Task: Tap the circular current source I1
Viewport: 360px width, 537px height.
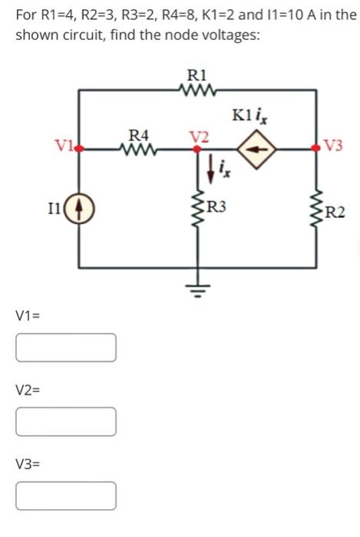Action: pyautogui.click(x=81, y=208)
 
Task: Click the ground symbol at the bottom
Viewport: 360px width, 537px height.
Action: pyautogui.click(x=197, y=291)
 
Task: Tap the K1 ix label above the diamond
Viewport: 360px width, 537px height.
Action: pyautogui.click(x=249, y=117)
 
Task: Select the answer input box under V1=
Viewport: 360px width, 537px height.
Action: pyautogui.click(x=66, y=347)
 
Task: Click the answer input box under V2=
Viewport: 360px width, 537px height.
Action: pyautogui.click(x=66, y=421)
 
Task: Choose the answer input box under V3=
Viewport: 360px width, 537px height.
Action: pyautogui.click(x=66, y=496)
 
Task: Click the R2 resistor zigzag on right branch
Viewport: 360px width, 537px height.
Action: pyautogui.click(x=314, y=209)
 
